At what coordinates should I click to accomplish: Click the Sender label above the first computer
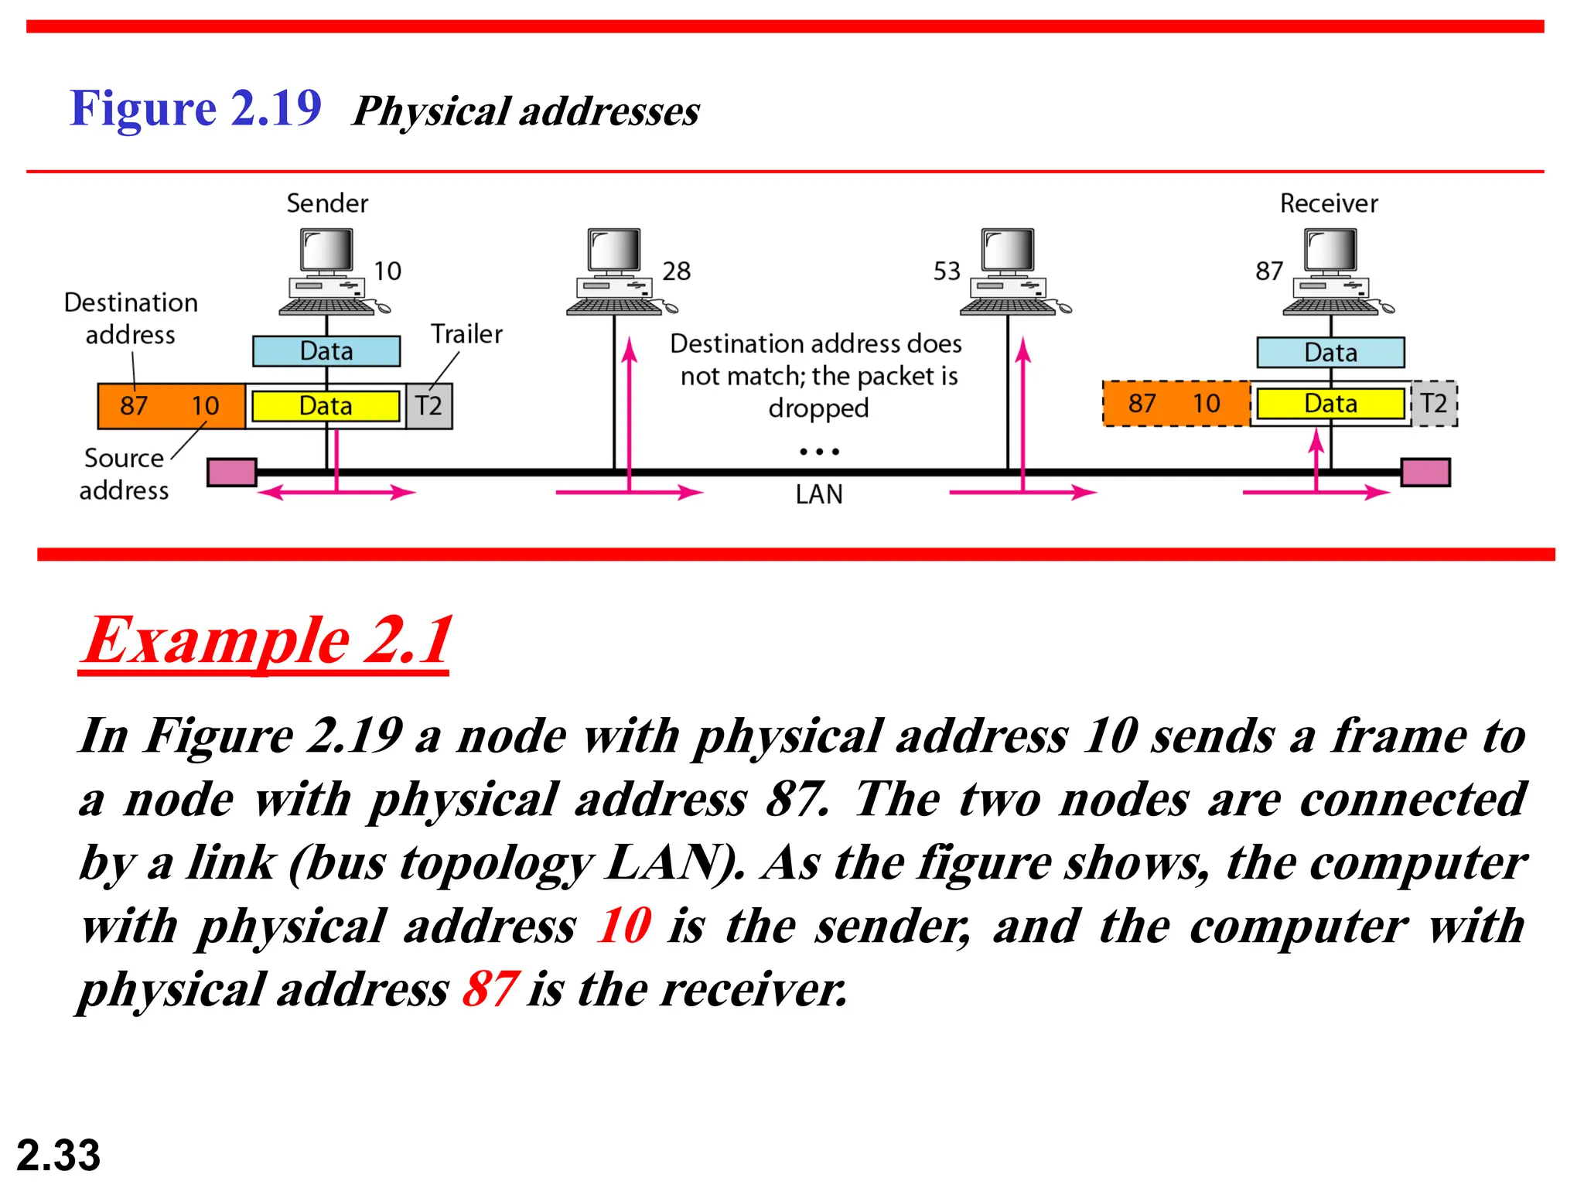327,203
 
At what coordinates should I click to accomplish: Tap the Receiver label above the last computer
1329,203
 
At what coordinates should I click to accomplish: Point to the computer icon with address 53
1009,271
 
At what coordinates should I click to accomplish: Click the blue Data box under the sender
326,351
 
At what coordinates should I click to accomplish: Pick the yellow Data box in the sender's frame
326,406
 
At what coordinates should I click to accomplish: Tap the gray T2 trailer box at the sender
429,406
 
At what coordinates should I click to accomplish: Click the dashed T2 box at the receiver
1434,404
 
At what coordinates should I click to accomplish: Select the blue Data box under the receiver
1330,353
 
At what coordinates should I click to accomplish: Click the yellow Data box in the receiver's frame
1330,404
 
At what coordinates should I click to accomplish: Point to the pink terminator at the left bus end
232,473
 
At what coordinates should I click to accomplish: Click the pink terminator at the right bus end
1425,473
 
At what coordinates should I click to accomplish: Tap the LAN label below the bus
819,494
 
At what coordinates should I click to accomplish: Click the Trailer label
466,334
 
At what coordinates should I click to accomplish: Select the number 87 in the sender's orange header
134,406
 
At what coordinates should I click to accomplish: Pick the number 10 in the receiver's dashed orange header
1206,404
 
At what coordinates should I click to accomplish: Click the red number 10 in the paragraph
623,926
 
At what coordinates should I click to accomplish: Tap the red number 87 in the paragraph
490,989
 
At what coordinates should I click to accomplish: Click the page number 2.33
59,1156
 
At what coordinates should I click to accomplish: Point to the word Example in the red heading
218,641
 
